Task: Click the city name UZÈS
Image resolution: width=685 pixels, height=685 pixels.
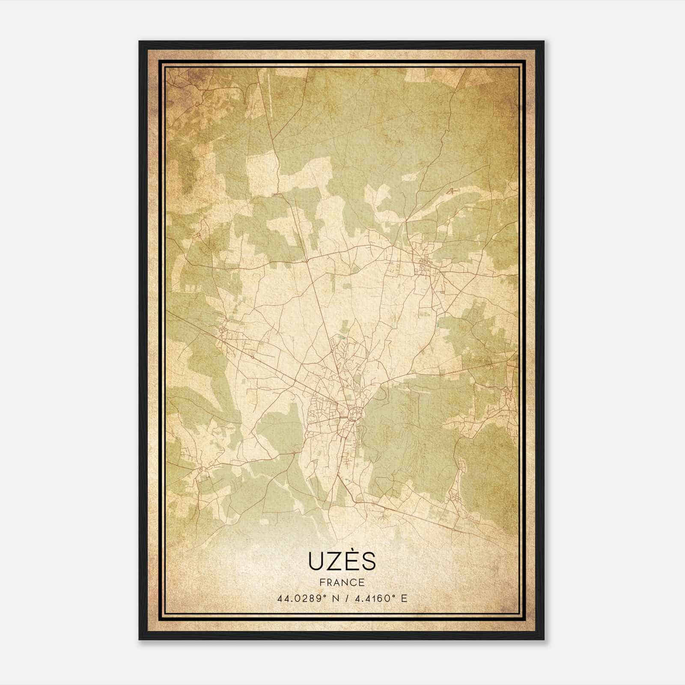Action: pyautogui.click(x=342, y=561)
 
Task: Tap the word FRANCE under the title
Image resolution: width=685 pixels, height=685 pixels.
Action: pyautogui.click(x=342, y=582)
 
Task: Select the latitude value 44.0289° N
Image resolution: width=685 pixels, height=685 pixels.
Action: pyautogui.click(x=303, y=598)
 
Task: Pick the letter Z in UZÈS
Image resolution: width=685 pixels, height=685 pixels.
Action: pyautogui.click(x=334, y=562)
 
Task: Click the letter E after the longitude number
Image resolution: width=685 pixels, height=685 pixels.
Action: pyautogui.click(x=404, y=598)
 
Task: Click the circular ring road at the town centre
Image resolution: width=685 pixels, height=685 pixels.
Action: pyautogui.click(x=355, y=414)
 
